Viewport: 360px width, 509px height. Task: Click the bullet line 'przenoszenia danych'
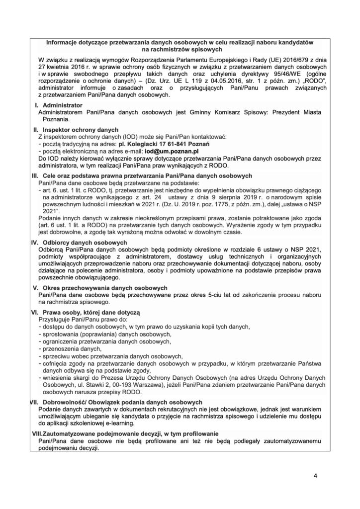click(x=65, y=349)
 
